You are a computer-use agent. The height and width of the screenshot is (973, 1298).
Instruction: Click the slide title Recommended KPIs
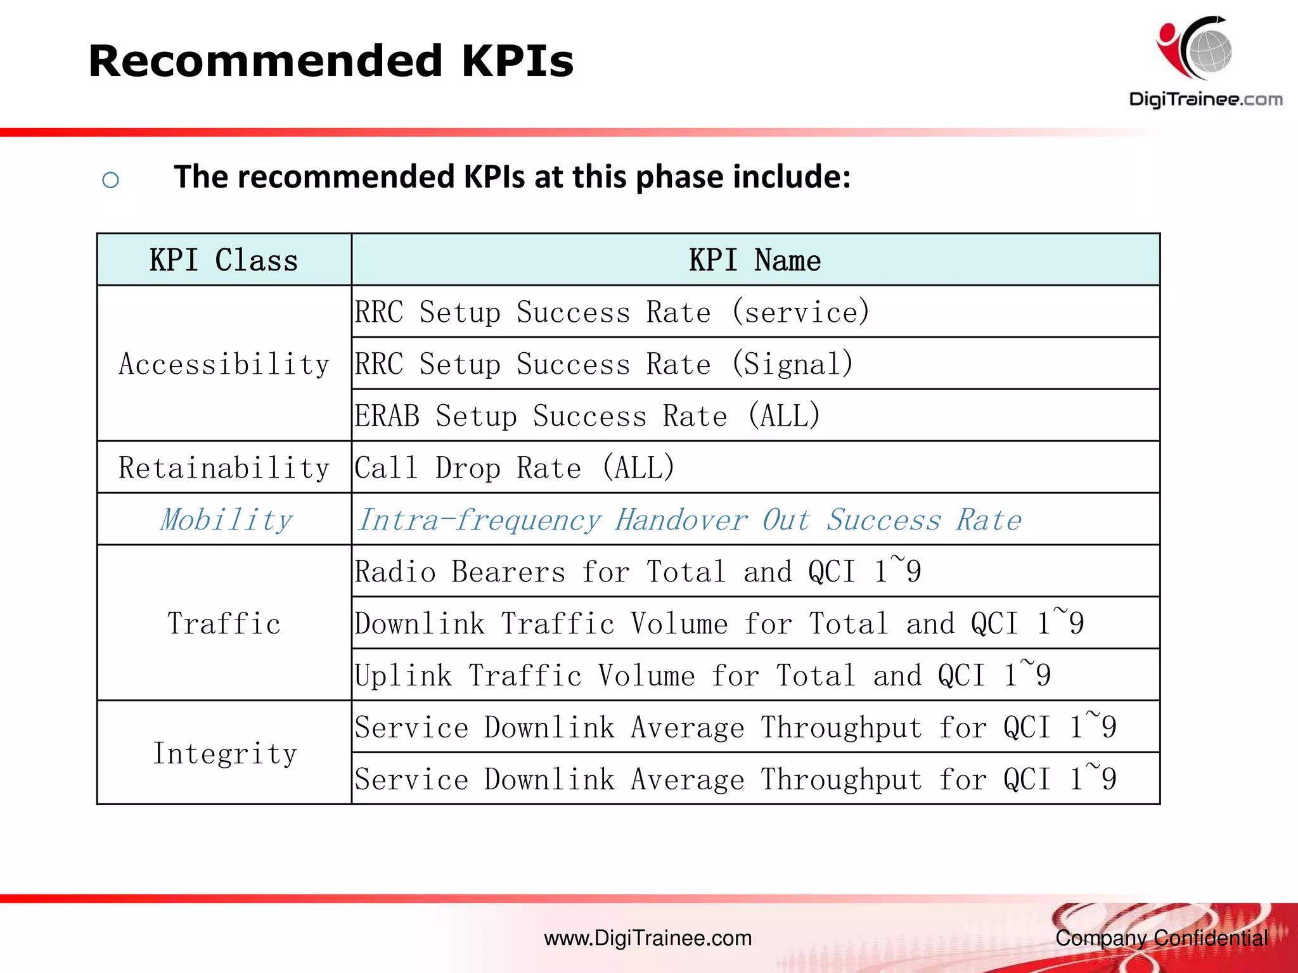tap(330, 61)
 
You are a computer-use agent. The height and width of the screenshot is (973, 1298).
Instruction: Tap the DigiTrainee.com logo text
tap(1205, 99)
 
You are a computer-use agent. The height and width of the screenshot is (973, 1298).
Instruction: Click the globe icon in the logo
tap(1209, 51)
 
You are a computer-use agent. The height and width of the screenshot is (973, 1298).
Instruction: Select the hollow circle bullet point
tap(110, 181)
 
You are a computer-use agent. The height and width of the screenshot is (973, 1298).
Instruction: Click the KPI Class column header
tap(224, 260)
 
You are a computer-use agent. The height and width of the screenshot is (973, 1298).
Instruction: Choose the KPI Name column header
tap(755, 260)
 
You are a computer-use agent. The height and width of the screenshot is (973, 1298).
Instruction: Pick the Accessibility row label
tap(224, 364)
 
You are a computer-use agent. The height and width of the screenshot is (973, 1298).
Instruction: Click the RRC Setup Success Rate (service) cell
tap(612, 312)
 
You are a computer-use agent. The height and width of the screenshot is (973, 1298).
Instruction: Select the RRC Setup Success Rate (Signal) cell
tap(603, 364)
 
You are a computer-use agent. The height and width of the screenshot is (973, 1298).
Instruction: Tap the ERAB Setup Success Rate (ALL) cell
tap(588, 416)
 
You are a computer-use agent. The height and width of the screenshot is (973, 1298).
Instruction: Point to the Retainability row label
tap(224, 468)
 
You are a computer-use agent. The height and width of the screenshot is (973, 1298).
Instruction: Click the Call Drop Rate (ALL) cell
tap(514, 468)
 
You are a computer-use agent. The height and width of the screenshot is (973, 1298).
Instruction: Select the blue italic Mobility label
tap(226, 520)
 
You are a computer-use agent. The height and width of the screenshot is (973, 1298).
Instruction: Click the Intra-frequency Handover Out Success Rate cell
tap(689, 520)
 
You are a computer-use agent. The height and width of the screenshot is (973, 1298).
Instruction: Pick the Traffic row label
tap(224, 624)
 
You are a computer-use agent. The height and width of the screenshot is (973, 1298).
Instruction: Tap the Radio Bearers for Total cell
tap(637, 572)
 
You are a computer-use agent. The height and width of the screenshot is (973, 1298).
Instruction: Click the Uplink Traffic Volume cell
tap(702, 676)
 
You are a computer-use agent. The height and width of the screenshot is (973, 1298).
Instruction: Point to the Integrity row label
tap(225, 754)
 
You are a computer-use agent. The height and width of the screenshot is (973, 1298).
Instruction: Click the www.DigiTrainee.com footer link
tap(648, 938)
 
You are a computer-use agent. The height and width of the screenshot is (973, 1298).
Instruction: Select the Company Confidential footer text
tap(1161, 938)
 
